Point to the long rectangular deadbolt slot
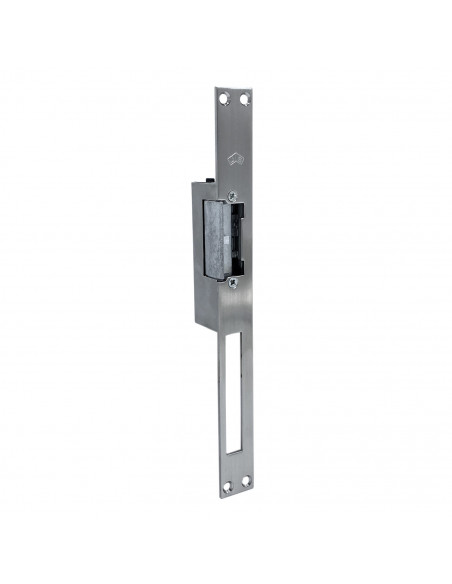point(233,400)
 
